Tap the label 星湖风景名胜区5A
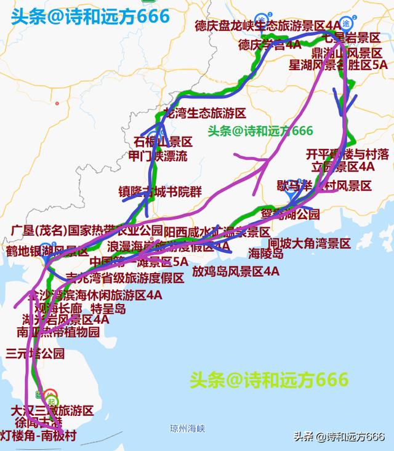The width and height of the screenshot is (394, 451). click(x=339, y=64)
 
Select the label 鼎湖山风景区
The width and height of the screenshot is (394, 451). click(x=346, y=52)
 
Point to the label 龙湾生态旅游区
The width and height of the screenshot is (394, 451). click(x=204, y=113)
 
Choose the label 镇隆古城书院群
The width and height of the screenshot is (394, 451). click(x=160, y=191)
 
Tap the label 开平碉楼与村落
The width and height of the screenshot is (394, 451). click(x=347, y=153)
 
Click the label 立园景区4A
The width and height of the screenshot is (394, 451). click(x=343, y=166)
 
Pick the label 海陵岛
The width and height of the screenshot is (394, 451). click(x=266, y=253)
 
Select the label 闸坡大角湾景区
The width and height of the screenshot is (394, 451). click(x=309, y=244)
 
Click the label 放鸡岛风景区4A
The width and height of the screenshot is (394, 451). click(x=236, y=271)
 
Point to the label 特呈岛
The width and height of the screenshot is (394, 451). click(x=108, y=308)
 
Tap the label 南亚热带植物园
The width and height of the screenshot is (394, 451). click(x=58, y=332)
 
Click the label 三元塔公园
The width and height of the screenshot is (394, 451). click(x=35, y=354)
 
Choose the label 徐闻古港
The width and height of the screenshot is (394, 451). click(x=39, y=424)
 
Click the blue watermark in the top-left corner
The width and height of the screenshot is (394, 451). click(x=89, y=16)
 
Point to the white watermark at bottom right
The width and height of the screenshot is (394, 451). click(x=339, y=437)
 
